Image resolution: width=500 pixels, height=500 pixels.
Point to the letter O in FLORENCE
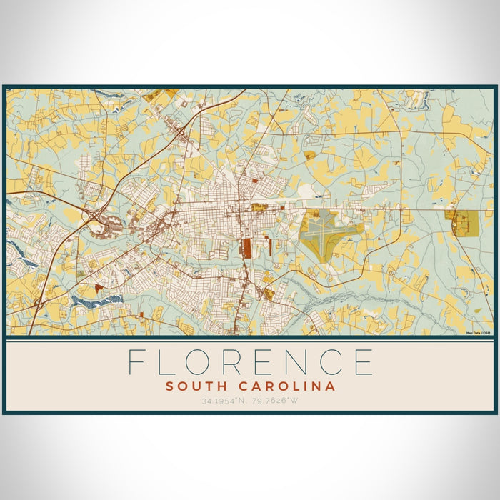[206, 361]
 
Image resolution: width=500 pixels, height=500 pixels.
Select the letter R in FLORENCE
[246, 361]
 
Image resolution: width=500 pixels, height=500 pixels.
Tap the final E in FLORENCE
[365, 361]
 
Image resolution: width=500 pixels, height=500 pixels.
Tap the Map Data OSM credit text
[478, 333]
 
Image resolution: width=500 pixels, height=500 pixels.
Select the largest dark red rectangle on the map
[247, 248]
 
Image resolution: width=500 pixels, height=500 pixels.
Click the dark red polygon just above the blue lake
[98, 286]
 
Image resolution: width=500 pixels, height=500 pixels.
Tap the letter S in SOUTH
[169, 386]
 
